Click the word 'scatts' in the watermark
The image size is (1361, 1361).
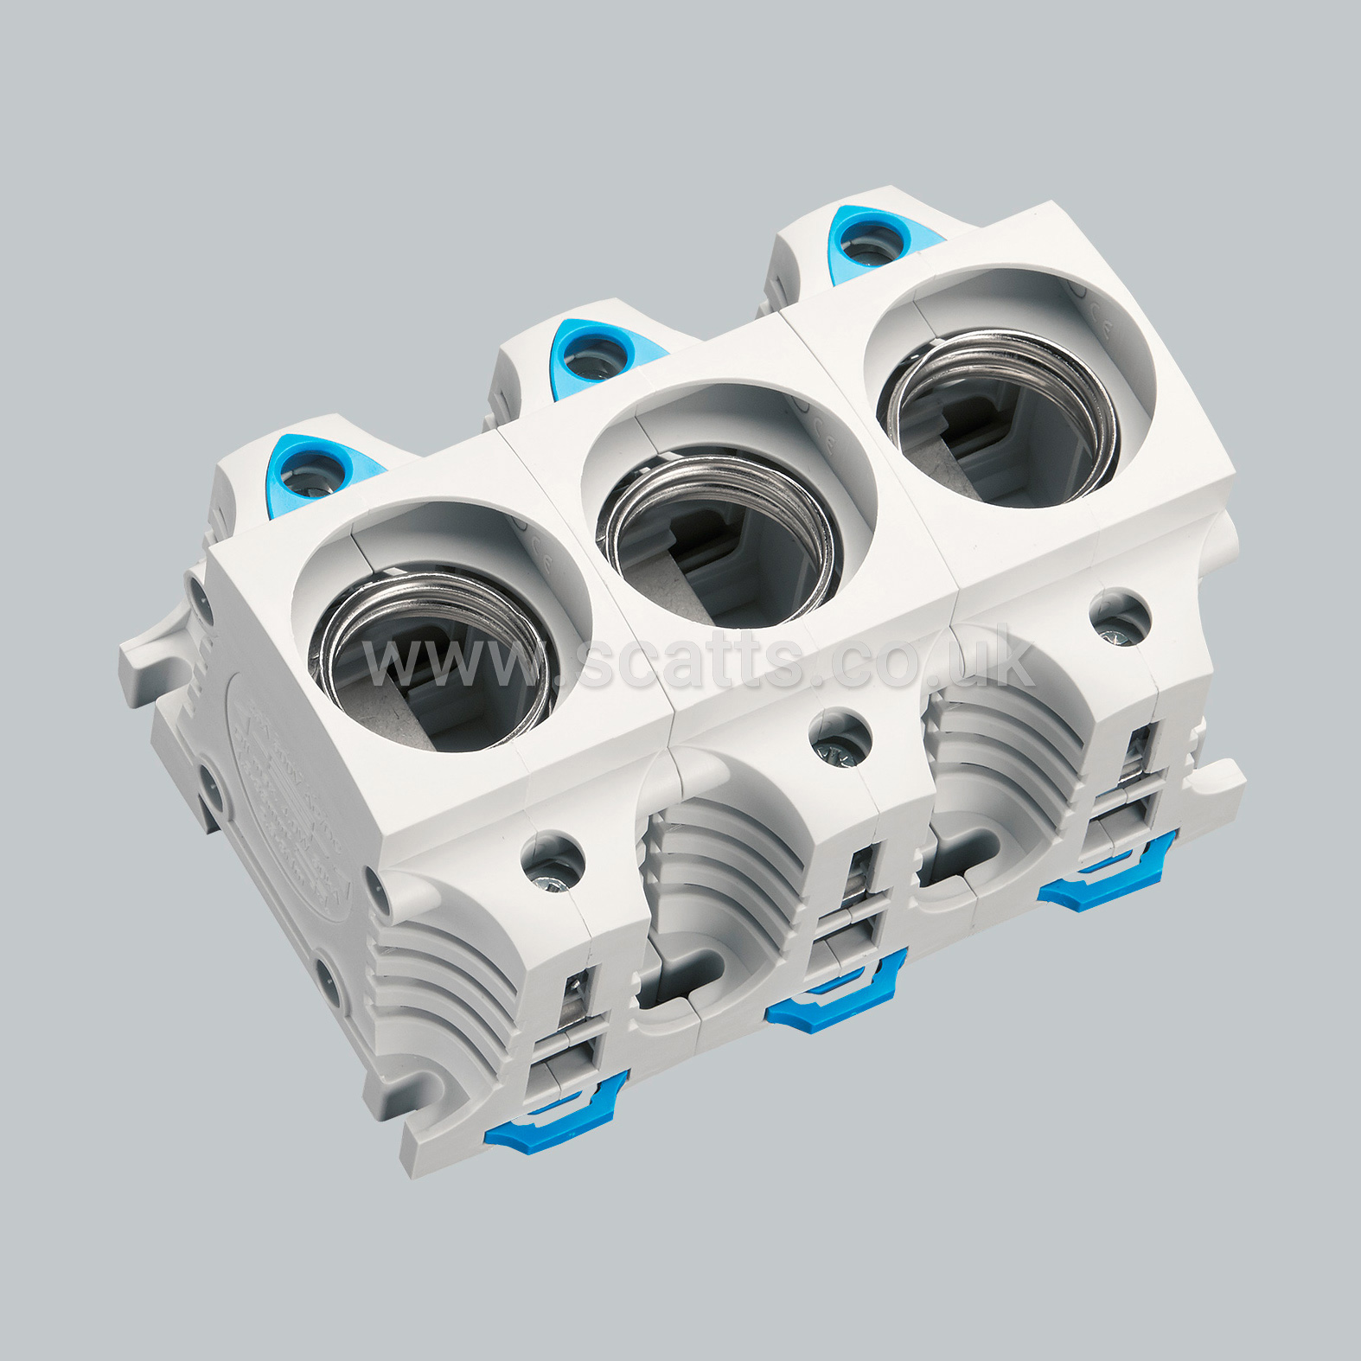click(692, 661)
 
